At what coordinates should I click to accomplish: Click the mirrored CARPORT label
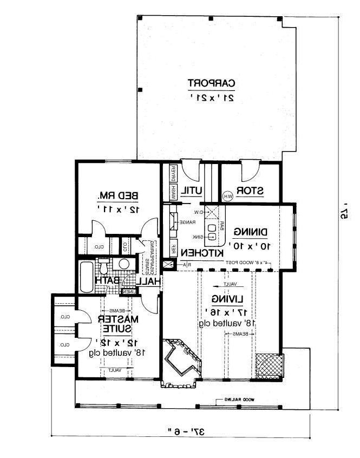point(212,83)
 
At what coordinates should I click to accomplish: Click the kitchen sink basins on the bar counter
point(213,232)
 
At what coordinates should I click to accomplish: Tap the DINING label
point(251,232)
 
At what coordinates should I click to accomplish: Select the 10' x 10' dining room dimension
point(251,246)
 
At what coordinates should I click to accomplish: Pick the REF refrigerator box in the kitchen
point(174,247)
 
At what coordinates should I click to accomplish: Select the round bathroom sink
point(124,264)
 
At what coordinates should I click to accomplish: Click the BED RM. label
point(117,195)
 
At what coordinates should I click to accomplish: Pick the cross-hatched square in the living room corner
point(268,365)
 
